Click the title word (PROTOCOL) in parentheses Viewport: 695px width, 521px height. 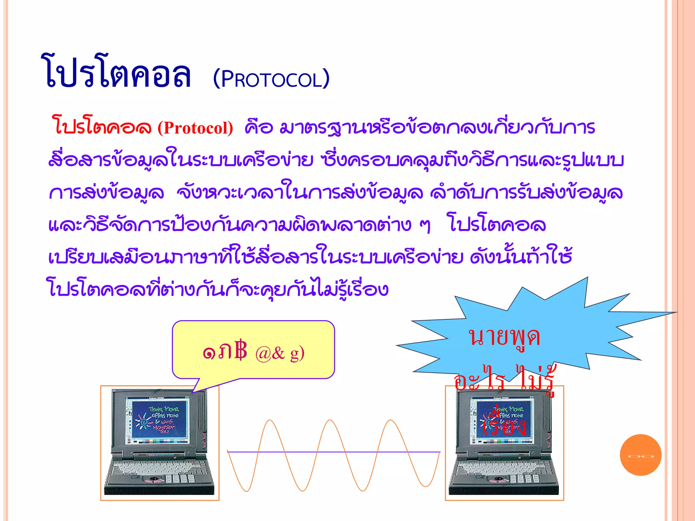coord(271,79)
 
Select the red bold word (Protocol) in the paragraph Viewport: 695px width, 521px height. coord(195,128)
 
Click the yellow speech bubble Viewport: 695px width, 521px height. coord(253,349)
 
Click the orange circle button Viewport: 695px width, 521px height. coord(640,455)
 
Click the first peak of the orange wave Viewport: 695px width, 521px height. coord(270,421)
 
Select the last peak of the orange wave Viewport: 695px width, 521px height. coord(391,421)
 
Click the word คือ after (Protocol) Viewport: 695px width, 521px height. coord(259,127)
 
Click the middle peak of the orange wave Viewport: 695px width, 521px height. coord(330,421)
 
